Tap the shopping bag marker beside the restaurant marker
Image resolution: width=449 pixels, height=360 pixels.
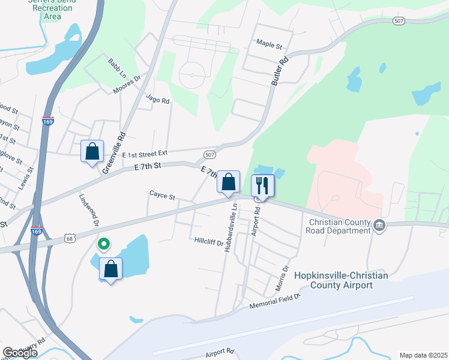click(228, 182)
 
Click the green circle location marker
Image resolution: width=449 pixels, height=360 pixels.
click(103, 244)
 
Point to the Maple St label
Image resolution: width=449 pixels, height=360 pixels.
click(269, 44)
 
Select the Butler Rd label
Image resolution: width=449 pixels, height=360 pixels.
click(280, 70)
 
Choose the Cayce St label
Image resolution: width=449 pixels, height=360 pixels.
click(161, 196)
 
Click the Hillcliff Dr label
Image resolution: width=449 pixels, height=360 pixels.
click(208, 242)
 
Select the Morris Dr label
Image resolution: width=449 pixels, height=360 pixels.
click(282, 278)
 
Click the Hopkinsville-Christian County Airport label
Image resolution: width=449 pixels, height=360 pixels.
click(341, 280)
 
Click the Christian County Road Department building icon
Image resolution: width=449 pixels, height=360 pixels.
click(379, 226)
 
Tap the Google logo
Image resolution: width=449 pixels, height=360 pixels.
click(20, 352)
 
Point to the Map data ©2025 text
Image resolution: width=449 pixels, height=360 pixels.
click(423, 355)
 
